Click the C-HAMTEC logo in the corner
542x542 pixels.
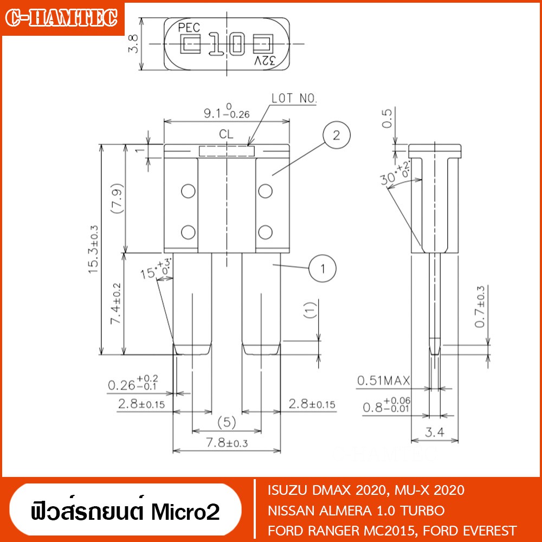[x=62, y=18]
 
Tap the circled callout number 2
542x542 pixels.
[x=337, y=135]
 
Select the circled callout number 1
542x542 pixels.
[x=322, y=269]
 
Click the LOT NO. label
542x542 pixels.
[x=294, y=99]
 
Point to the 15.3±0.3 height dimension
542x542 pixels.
[x=94, y=249]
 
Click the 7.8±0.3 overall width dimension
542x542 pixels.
[x=227, y=443]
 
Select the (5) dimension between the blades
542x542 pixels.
[x=227, y=422]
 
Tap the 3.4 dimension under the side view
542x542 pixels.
[x=434, y=432]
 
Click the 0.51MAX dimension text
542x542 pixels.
[x=383, y=380]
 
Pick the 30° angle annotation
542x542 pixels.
[x=395, y=174]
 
